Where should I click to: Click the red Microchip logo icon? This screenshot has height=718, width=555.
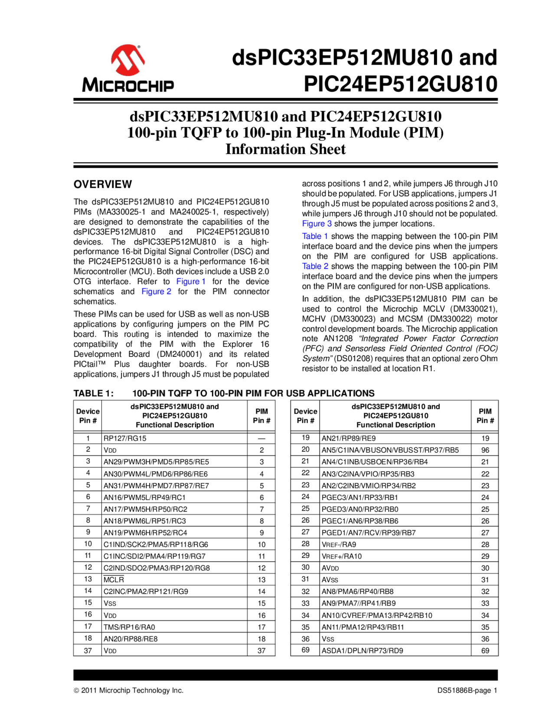pyautogui.click(x=127, y=60)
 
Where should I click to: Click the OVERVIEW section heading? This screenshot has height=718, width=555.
pyautogui.click(x=102, y=184)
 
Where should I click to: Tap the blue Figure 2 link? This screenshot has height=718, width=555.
pyautogui.click(x=156, y=291)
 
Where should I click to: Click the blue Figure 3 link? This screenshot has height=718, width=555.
pyautogui.click(x=317, y=224)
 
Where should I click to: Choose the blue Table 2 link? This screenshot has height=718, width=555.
pyautogui.click(x=315, y=266)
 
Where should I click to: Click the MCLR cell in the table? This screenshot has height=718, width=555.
pyautogui.click(x=114, y=580)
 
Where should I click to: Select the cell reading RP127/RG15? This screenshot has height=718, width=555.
pyautogui.click(x=125, y=438)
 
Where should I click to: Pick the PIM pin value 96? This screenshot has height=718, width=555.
pyautogui.click(x=485, y=450)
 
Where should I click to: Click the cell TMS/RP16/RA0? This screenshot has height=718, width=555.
pyautogui.click(x=129, y=627)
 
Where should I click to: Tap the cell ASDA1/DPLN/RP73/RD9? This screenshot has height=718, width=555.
pyautogui.click(x=362, y=650)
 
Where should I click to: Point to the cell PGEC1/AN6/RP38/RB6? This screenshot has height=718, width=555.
pyautogui.click(x=359, y=521)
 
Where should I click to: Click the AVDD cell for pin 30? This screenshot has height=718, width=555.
pyautogui.click(x=330, y=568)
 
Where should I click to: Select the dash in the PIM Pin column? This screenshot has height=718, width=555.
pyautogui.click(x=261, y=438)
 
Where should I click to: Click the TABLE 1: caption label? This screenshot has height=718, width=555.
pyautogui.click(x=93, y=393)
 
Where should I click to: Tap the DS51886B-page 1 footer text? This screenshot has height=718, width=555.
pyautogui.click(x=467, y=690)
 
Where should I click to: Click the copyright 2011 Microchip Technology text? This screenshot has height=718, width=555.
pyautogui.click(x=128, y=690)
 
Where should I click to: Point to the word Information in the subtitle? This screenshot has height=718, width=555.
pyautogui.click(x=261, y=149)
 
